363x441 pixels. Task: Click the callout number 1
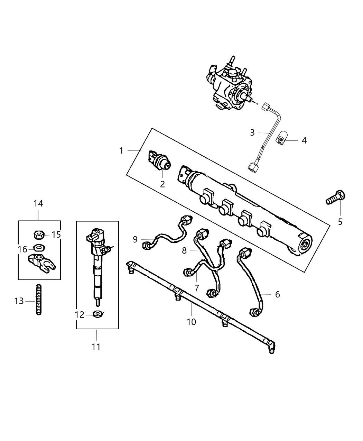pyautogui.click(x=121, y=150)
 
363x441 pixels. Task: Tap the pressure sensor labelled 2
pyautogui.click(x=160, y=161)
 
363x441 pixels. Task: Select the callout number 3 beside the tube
pyautogui.click(x=252, y=132)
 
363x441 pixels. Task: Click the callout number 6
pyautogui.click(x=277, y=294)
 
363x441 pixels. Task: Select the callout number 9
pyautogui.click(x=135, y=239)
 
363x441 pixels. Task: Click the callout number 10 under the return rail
pyautogui.click(x=191, y=322)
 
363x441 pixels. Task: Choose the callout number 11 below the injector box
pyautogui.click(x=96, y=347)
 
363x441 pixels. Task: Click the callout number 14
pyautogui.click(x=38, y=203)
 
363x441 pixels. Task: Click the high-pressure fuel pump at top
pyautogui.click(x=230, y=88)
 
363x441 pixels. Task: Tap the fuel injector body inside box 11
pyautogui.click(x=97, y=266)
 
